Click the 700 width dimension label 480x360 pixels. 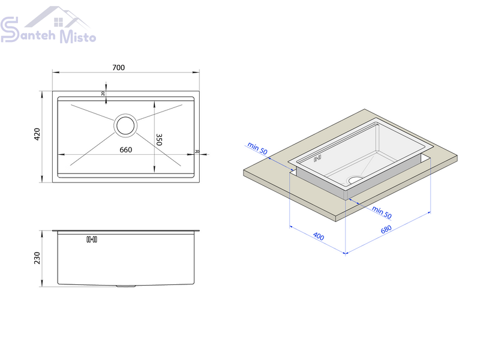point(118,67)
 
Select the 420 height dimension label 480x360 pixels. point(37,134)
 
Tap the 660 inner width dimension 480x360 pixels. point(126,149)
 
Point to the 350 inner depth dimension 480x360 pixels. point(159,139)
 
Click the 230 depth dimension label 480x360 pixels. point(37,258)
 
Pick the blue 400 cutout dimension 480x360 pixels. point(319,236)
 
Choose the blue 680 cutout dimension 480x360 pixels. point(386,229)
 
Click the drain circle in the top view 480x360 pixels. point(125,125)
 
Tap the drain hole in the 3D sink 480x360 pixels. point(355,179)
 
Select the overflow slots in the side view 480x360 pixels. point(92,239)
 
